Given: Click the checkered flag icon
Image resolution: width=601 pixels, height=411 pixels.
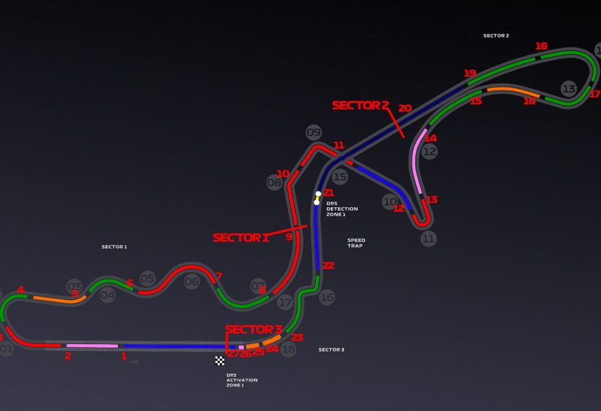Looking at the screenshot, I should click(x=220, y=361).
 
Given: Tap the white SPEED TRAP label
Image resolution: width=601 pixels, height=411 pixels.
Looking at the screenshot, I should click(x=356, y=242).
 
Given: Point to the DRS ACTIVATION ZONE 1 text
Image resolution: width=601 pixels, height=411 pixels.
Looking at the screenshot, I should click(x=241, y=380).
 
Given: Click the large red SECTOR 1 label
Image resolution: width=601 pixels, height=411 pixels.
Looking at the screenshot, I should click(x=240, y=237).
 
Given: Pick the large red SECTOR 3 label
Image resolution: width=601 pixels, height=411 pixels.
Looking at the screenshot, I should click(x=254, y=330).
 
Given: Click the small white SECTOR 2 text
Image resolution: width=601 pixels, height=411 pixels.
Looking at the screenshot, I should click(x=496, y=36).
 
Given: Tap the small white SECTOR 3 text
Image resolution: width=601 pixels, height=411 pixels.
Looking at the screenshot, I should click(x=331, y=349).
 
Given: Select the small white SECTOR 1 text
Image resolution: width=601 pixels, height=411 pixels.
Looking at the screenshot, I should click(x=114, y=247).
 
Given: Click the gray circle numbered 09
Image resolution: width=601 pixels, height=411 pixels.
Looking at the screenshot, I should click(x=313, y=132).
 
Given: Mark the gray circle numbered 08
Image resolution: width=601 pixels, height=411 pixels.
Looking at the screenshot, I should click(x=275, y=183).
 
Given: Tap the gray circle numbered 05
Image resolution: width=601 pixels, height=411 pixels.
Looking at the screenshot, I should click(x=148, y=279).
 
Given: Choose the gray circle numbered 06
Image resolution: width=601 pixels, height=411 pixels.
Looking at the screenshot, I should click(x=192, y=282).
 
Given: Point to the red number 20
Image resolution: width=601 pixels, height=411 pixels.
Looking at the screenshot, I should click(x=405, y=109).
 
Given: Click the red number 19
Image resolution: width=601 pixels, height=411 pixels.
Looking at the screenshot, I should click(x=469, y=74).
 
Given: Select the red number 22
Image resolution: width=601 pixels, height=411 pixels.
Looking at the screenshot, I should click(x=328, y=266).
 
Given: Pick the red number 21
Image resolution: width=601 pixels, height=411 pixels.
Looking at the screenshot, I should click(x=329, y=193).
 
